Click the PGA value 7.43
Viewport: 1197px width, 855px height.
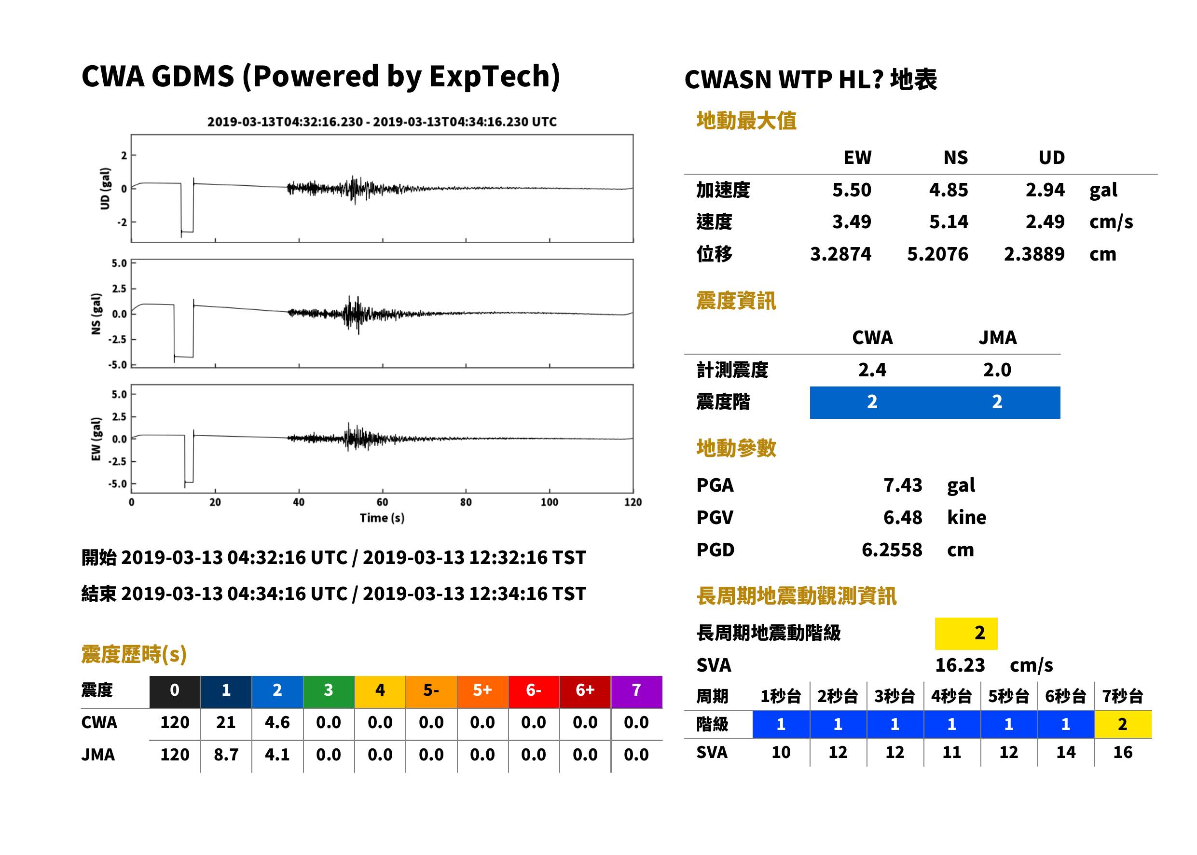(902, 485)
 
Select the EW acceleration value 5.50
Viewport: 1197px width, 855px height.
(851, 190)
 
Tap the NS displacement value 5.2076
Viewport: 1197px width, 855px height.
(937, 254)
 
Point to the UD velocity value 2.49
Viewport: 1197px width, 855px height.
(1045, 221)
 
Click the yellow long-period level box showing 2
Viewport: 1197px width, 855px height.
(966, 634)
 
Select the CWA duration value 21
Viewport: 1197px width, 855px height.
(226, 722)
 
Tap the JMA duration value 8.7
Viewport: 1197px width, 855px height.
(226, 755)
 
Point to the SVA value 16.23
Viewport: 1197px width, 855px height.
(960, 665)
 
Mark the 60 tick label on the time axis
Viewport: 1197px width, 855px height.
(382, 502)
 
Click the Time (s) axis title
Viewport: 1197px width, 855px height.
(382, 518)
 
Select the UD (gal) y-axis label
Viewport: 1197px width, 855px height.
(105, 189)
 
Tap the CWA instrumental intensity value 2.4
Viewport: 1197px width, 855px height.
(872, 370)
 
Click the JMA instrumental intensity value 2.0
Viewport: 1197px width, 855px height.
(997, 370)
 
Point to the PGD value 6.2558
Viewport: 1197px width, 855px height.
(892, 550)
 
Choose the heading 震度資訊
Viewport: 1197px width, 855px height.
(736, 301)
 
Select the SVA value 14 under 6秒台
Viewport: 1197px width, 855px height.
(1065, 752)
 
